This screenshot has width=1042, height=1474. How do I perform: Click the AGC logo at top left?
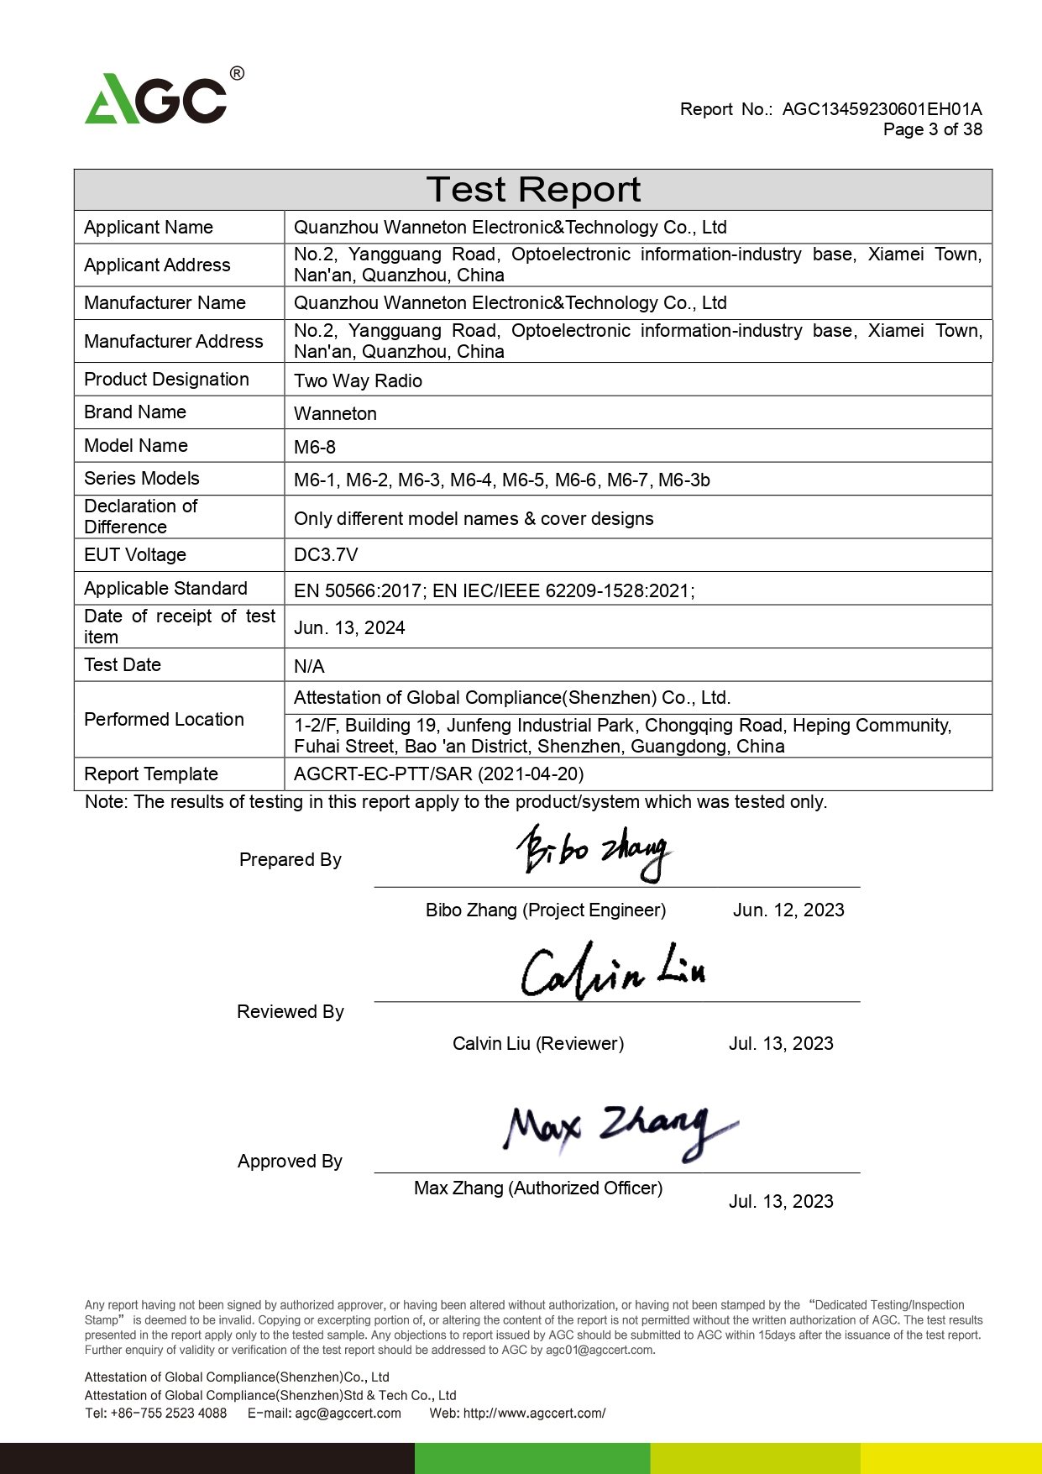(x=160, y=98)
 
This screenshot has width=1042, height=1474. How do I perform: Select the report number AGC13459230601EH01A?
(x=882, y=109)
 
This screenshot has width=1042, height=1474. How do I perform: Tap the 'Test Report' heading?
(x=533, y=190)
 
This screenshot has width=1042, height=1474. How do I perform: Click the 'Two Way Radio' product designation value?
(x=358, y=380)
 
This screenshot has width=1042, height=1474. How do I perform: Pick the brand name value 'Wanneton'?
(x=335, y=413)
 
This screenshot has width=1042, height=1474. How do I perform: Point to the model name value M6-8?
(x=315, y=447)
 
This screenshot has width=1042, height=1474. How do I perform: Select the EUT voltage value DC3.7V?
(x=326, y=554)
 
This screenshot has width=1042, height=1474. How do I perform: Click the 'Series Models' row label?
(x=142, y=478)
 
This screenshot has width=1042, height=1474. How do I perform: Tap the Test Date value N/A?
(x=309, y=666)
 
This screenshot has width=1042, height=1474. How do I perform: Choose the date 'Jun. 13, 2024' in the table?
(x=349, y=627)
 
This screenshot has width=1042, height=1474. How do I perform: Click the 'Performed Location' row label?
(x=164, y=719)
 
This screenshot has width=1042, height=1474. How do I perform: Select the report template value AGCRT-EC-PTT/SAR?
(x=438, y=774)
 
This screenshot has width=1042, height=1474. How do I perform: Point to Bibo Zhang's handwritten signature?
(x=593, y=852)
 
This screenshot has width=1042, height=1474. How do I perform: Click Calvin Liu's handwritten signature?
(x=613, y=973)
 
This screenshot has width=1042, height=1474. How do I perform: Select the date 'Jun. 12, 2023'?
(x=788, y=910)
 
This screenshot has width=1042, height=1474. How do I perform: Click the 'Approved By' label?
(x=290, y=1161)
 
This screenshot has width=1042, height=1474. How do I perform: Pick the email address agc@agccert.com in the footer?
(x=348, y=1413)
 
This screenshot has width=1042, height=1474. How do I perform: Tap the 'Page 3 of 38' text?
(x=932, y=129)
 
